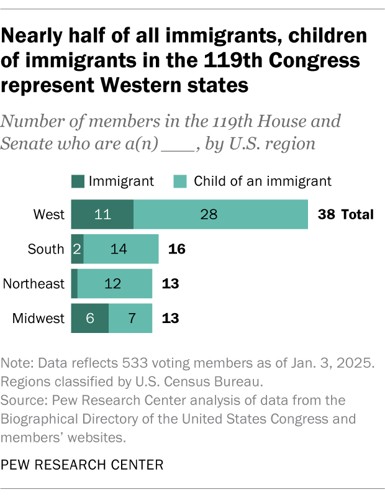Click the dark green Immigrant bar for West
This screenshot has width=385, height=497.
(102, 215)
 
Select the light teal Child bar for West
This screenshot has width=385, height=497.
(220, 215)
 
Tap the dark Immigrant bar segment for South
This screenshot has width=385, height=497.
(77, 249)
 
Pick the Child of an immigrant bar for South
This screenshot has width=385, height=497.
(121, 249)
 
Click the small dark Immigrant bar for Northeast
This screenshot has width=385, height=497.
(75, 284)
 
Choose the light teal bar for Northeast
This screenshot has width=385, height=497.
(115, 284)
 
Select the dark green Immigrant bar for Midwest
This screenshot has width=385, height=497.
(90, 319)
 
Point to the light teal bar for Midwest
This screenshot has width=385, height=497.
(130, 319)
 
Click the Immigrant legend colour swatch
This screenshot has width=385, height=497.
(78, 181)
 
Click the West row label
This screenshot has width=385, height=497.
(49, 215)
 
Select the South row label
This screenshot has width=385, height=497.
(46, 249)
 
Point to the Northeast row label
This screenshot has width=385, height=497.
(34, 284)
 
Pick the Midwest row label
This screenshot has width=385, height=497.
(38, 319)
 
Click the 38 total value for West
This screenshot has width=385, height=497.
(327, 215)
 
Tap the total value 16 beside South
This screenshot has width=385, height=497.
(177, 249)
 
